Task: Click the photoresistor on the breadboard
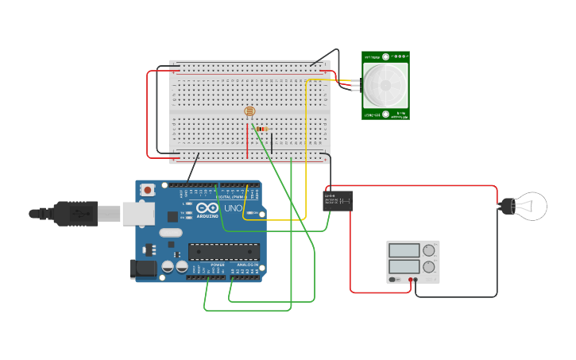point(249,112)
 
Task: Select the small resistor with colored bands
point(262,129)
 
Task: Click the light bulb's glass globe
point(531,206)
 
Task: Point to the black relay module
point(338,200)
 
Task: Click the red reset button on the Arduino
point(148,190)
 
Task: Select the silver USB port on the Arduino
point(139,213)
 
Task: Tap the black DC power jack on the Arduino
point(144,269)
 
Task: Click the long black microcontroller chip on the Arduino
point(223,252)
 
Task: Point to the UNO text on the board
point(233,209)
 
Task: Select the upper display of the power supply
point(404,250)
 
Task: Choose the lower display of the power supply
point(404,267)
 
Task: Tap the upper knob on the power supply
point(429,250)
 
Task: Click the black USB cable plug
point(75,213)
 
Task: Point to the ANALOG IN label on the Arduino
point(249,265)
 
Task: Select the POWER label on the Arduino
point(217,265)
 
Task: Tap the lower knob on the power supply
point(429,268)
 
